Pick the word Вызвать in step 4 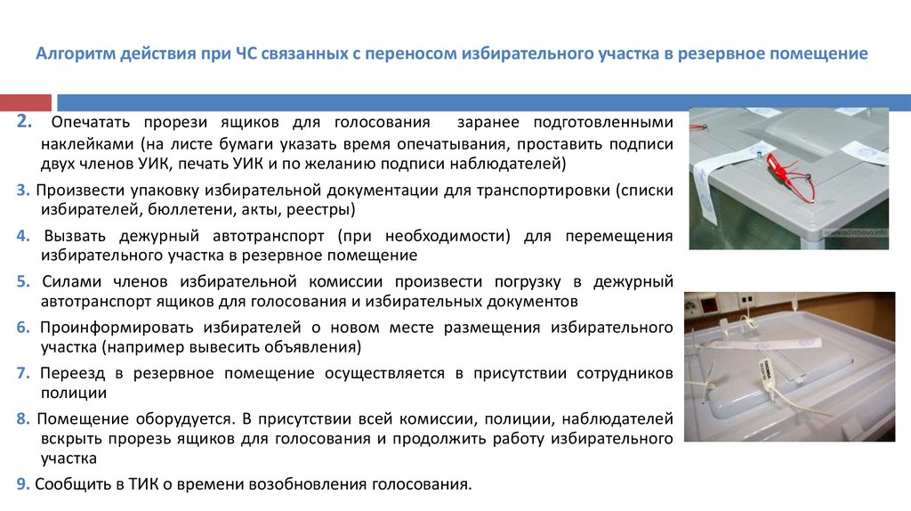[x=75, y=237]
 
